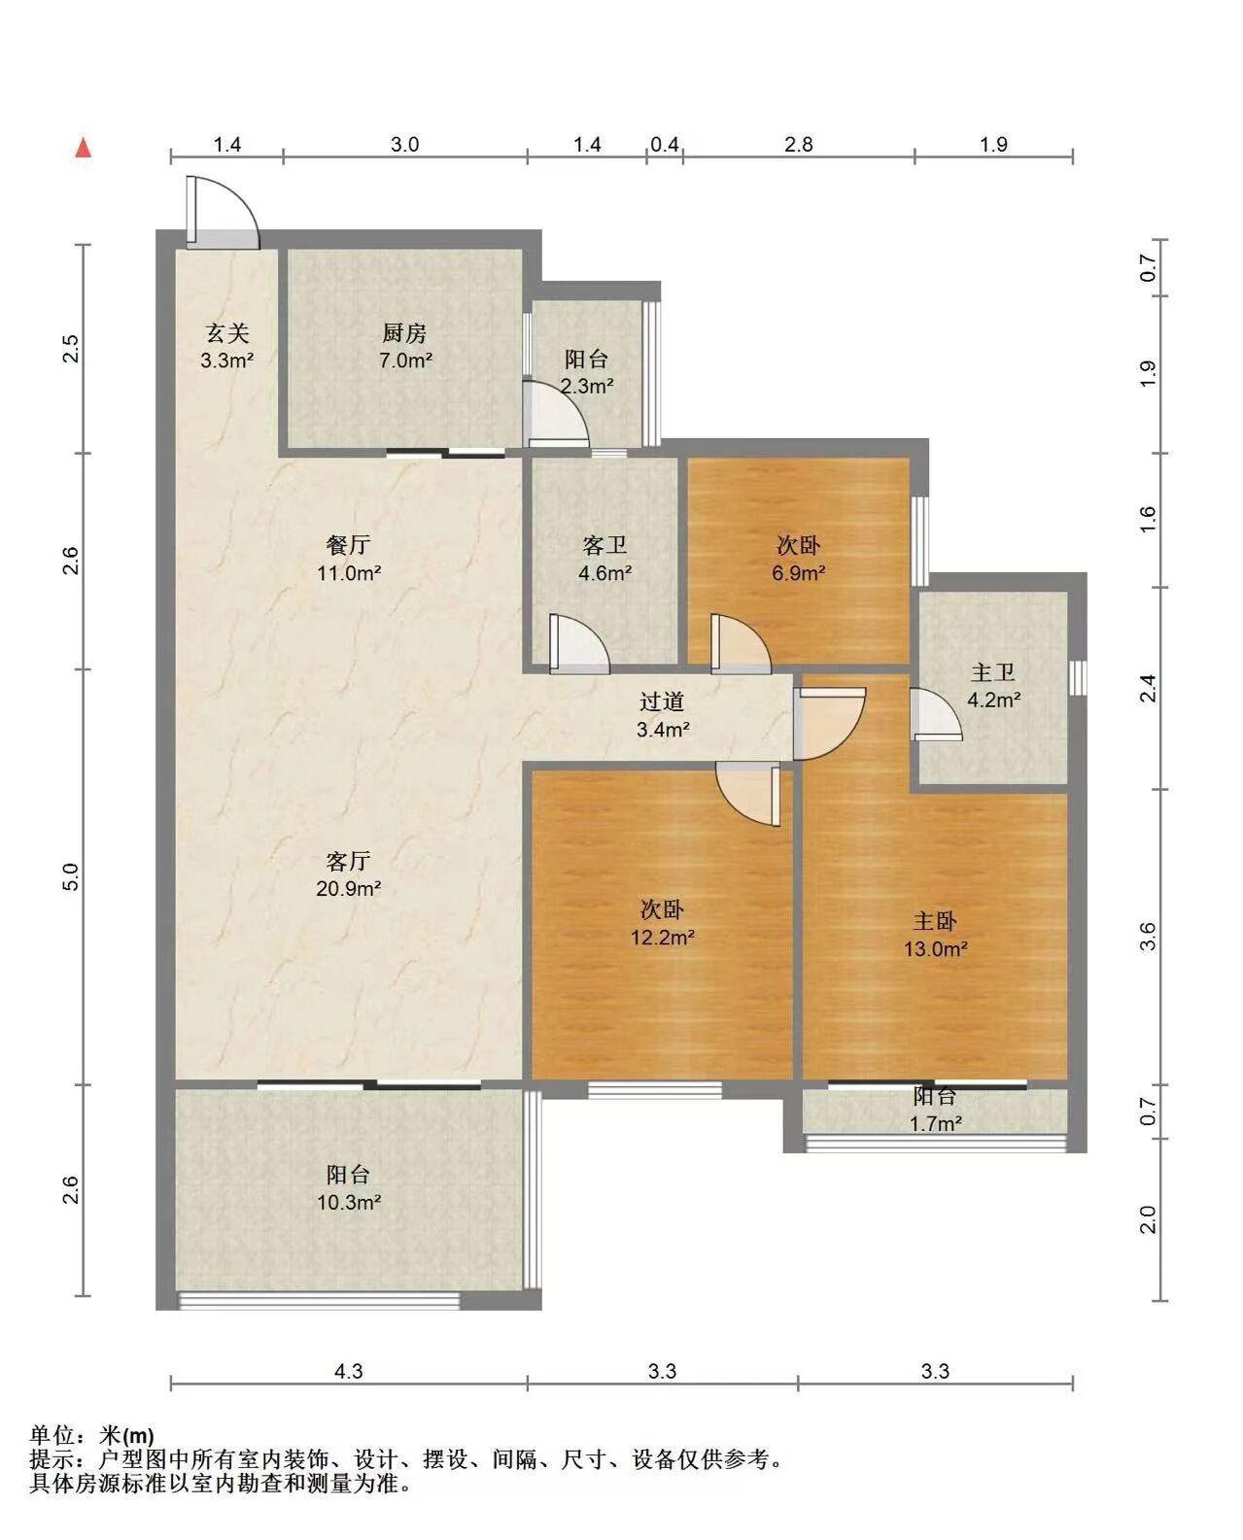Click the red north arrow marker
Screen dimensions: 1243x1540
(x=84, y=148)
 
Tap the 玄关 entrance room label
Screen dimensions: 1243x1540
(x=227, y=332)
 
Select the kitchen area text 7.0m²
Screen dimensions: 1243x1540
(x=405, y=359)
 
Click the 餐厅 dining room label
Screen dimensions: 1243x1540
(x=348, y=545)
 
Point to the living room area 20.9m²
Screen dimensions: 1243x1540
(x=348, y=889)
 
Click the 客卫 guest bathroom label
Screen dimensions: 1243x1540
(x=605, y=545)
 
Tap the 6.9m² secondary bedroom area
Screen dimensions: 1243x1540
(x=798, y=572)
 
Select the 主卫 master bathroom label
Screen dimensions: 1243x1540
(x=993, y=672)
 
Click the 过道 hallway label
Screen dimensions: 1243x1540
(x=662, y=702)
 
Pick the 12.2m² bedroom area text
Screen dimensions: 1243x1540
(x=662, y=937)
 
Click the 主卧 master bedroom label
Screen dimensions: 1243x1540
(x=935, y=921)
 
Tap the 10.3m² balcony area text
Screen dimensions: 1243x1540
(x=349, y=1202)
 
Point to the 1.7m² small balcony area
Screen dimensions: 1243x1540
(x=935, y=1123)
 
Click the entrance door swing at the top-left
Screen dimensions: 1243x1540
(x=223, y=213)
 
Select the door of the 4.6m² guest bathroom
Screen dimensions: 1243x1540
(x=579, y=644)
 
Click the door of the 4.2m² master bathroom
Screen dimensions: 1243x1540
(x=936, y=713)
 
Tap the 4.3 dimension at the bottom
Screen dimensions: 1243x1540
(x=349, y=1387)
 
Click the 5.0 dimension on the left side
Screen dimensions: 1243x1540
(x=70, y=876)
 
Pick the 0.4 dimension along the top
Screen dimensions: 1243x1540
(x=665, y=145)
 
